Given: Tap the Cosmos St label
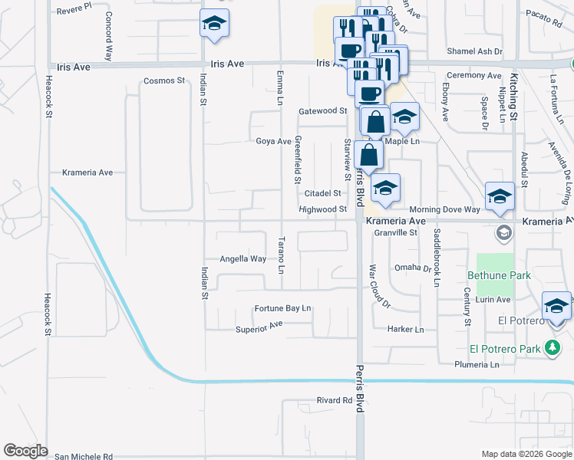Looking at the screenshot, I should (x=165, y=80).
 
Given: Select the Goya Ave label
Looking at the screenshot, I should (x=273, y=141).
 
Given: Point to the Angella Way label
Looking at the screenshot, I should (x=243, y=259).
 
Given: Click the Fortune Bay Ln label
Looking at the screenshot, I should (x=283, y=309).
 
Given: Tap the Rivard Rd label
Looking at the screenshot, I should (x=334, y=400).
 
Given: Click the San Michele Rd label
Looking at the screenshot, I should (x=84, y=456).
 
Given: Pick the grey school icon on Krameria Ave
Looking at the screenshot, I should (x=503, y=231).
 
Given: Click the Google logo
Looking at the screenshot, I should (x=25, y=452).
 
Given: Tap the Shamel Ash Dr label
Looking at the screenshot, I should (x=476, y=51).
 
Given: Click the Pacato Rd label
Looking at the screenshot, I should (x=542, y=14).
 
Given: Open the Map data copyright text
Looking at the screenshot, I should (x=526, y=454).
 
